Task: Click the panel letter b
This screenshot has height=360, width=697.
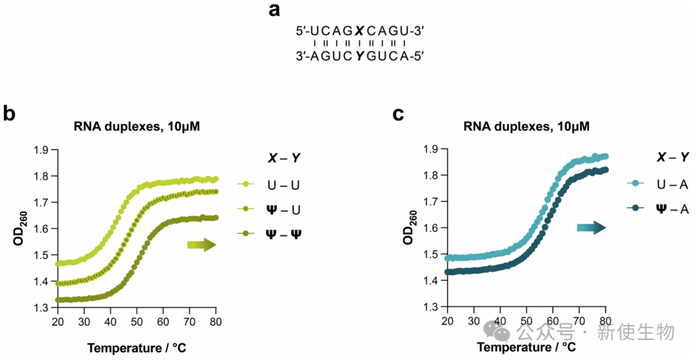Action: (x=10, y=114)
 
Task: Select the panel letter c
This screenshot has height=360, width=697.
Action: (x=398, y=114)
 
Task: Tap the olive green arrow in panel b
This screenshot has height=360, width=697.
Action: (x=201, y=245)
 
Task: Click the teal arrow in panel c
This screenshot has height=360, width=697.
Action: (x=591, y=227)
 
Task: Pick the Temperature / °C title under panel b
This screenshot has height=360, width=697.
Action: (x=137, y=348)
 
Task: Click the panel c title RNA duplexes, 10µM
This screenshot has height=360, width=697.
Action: (x=526, y=126)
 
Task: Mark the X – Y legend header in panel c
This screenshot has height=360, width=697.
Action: (x=672, y=157)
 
